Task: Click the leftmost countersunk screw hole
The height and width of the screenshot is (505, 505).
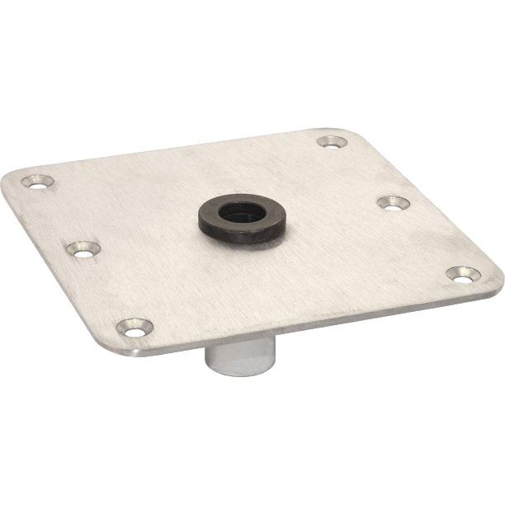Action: pos(38,181)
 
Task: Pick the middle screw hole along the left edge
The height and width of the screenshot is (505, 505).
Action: pos(83,248)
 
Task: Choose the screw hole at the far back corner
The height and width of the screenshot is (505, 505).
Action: pos(332,143)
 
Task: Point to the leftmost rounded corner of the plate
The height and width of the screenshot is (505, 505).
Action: pos(10,180)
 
